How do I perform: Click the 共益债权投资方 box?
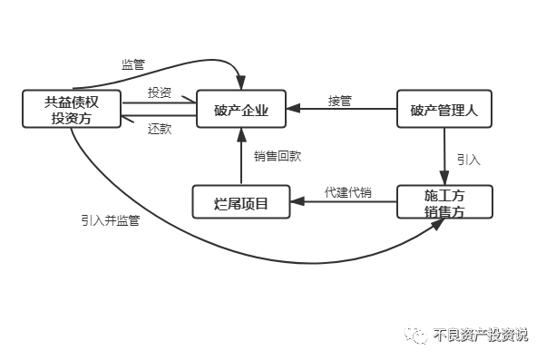[71, 110]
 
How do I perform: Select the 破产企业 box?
[241, 110]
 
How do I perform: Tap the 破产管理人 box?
[444, 110]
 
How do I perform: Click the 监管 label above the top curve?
[133, 64]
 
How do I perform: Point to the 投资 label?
[160, 92]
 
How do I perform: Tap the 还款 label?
[160, 128]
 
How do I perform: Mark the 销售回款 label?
[278, 156]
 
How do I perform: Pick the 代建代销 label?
[346, 192]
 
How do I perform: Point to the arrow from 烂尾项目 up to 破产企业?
[241, 158]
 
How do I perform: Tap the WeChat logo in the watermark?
[417, 334]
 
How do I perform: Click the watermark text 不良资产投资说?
[481, 334]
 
